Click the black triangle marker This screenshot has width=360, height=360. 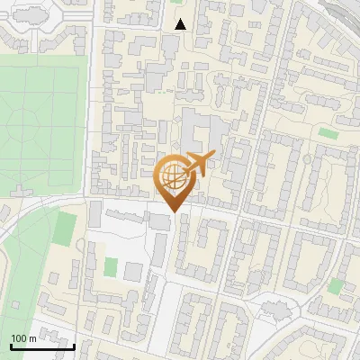pyautogui.click(x=181, y=24)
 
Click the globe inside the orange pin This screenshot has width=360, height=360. pyautogui.click(x=171, y=175)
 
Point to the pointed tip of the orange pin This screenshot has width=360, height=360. pyautogui.click(x=171, y=212)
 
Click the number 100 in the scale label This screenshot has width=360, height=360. pyautogui.click(x=19, y=338)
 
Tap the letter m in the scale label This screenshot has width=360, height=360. pyautogui.click(x=32, y=338)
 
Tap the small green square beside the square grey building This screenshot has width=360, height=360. pyautogui.click(x=111, y=267)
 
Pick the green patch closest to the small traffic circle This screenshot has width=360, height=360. pyautogui.click(x=335, y=286)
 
